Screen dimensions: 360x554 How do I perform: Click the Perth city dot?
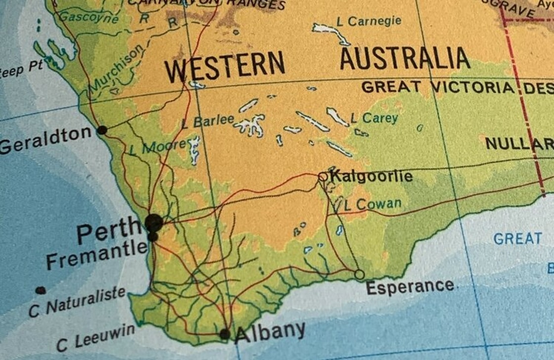[x=154, y=223]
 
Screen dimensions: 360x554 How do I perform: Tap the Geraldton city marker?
[x=102, y=130]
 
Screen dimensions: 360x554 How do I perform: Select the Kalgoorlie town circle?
[x=323, y=176]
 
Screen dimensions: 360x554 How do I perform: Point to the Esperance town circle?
[x=360, y=274]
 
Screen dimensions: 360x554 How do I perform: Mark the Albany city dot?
[x=225, y=334]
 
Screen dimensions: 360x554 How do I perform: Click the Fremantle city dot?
[x=153, y=237]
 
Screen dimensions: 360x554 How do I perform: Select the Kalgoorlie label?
[x=371, y=176]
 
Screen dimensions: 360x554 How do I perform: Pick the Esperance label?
[x=410, y=286]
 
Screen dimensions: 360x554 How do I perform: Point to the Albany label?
[x=270, y=332]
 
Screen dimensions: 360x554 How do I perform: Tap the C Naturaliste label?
[x=77, y=301]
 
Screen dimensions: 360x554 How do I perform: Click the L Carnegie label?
[x=369, y=21]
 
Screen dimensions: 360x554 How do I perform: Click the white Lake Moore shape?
[x=193, y=149]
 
